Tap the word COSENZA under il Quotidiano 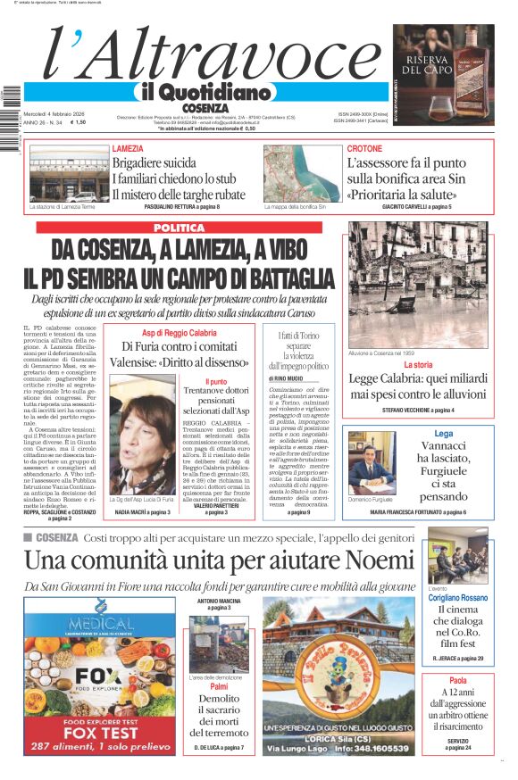click(205, 107)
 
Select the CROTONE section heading click(364, 149)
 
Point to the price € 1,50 click(78, 123)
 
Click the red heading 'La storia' click(418, 365)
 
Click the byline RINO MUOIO click(288, 378)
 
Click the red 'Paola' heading click(457, 681)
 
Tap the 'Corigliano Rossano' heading click(457, 598)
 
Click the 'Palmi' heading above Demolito click(218, 686)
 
